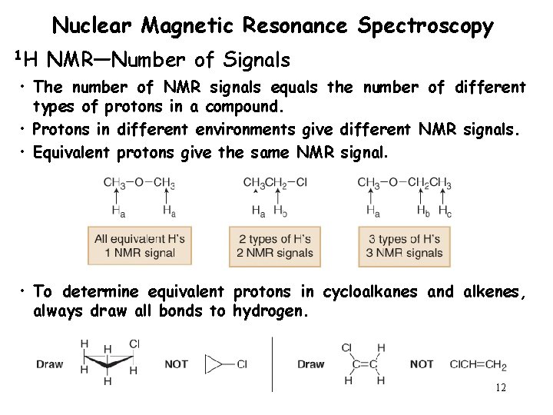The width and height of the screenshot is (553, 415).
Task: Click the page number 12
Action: click(501, 388)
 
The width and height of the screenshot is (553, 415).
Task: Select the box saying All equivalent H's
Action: click(138, 246)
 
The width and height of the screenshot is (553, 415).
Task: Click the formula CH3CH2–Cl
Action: click(275, 182)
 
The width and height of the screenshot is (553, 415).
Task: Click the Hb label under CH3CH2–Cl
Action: click(282, 210)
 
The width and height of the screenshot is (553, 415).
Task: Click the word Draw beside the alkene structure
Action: click(311, 364)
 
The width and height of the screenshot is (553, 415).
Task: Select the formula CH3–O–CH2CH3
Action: click(404, 182)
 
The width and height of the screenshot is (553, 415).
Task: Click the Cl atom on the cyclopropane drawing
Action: click(134, 344)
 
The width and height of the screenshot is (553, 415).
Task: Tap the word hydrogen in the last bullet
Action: click(265, 310)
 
